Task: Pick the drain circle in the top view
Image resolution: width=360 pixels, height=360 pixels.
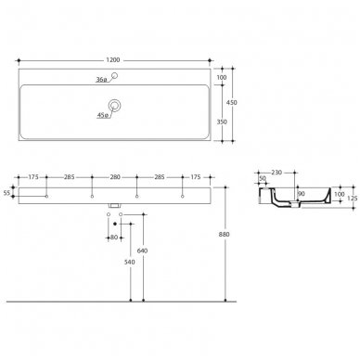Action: click(114, 106)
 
